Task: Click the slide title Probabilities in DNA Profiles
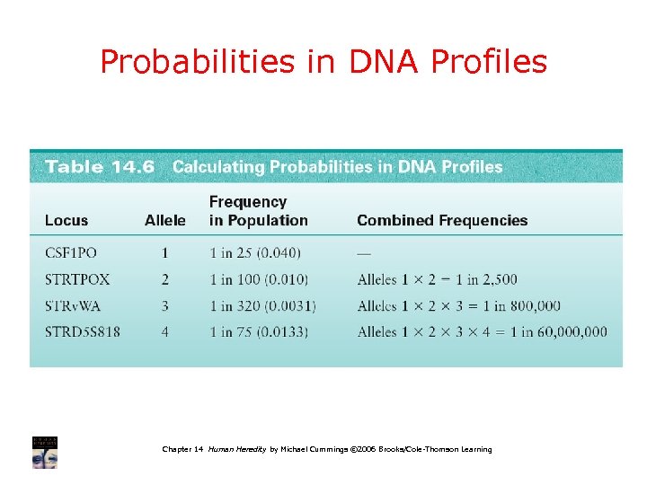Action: pyautogui.click(x=323, y=61)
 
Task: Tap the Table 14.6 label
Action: pyautogui.click(x=100, y=167)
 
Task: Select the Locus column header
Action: pyautogui.click(x=66, y=220)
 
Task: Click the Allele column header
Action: pyautogui.click(x=165, y=220)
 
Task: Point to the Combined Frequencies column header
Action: pyautogui.click(x=442, y=220)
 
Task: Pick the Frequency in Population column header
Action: pyautogui.click(x=258, y=211)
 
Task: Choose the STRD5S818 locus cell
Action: pyautogui.click(x=83, y=332)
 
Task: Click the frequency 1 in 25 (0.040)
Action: pyautogui.click(x=255, y=253)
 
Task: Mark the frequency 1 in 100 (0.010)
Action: pyautogui.click(x=259, y=279)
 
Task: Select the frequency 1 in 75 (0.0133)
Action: pyautogui.click(x=259, y=332)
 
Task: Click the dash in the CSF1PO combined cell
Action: pyautogui.click(x=363, y=253)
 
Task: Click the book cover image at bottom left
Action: pyautogui.click(x=45, y=452)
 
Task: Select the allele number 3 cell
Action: pyautogui.click(x=165, y=306)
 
